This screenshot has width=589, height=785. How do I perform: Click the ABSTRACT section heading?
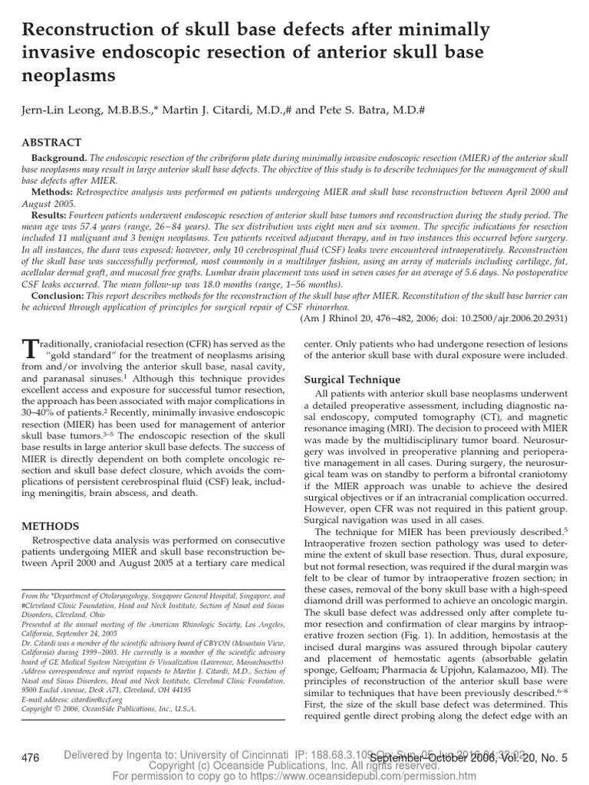51,143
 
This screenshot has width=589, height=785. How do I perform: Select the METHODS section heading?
51,526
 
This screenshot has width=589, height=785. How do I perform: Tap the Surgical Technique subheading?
352,379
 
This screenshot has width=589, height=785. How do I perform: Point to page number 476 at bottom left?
31,758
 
